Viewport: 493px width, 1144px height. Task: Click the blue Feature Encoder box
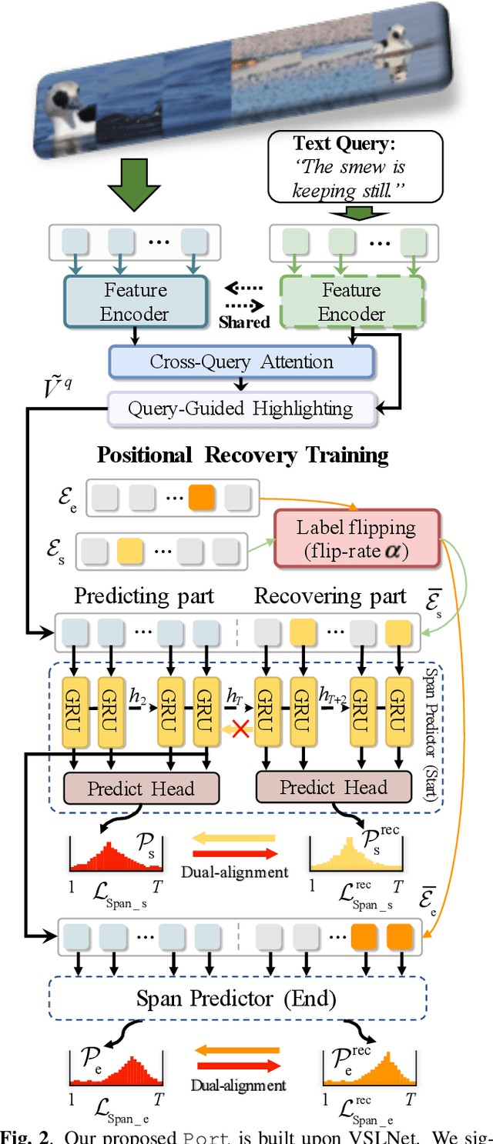(x=136, y=302)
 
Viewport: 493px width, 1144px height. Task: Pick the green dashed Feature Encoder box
(x=351, y=302)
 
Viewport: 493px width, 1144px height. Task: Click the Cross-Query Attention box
(x=241, y=362)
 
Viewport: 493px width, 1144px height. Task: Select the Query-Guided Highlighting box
(x=240, y=409)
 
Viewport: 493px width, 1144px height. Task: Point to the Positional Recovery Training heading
(x=243, y=455)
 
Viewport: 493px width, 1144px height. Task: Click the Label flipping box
(x=356, y=539)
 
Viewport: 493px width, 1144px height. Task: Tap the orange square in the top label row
(x=202, y=498)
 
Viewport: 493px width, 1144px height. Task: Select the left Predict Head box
(x=141, y=788)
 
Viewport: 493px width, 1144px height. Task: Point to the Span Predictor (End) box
(x=237, y=999)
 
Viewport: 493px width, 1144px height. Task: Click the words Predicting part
(x=143, y=596)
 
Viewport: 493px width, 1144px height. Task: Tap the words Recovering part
(x=330, y=596)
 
